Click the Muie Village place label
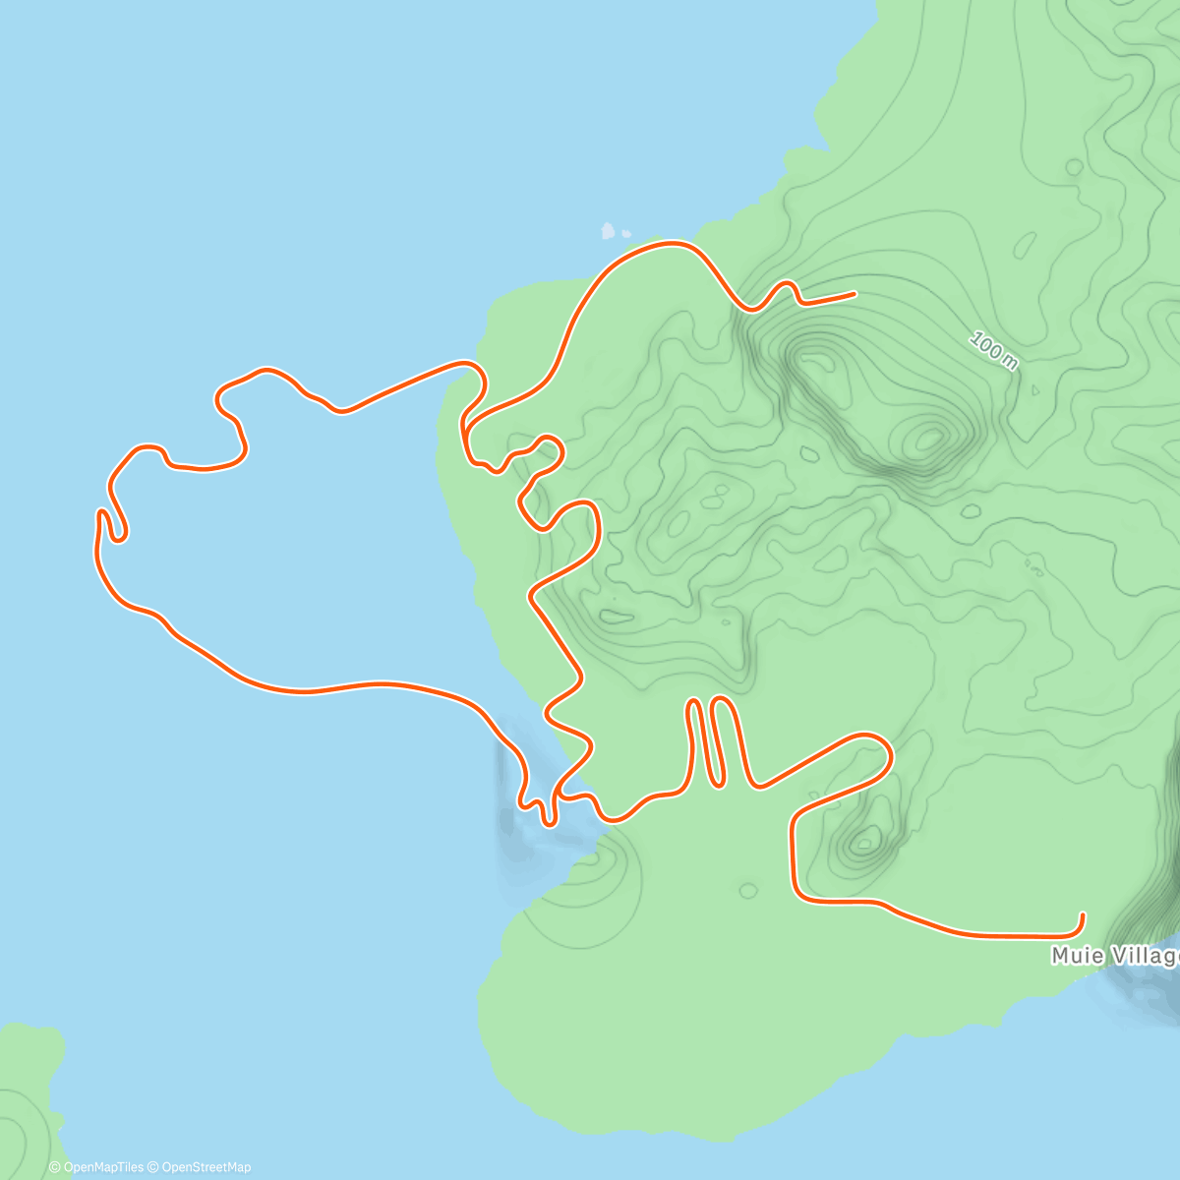pos(1115,956)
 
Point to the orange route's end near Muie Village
pos(1083,915)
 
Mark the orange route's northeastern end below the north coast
pos(854,293)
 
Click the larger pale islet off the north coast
pos(608,232)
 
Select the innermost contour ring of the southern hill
pos(866,841)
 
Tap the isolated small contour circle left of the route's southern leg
pos(748,891)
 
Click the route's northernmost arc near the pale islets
pos(669,243)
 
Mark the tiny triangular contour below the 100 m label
pos(1034,390)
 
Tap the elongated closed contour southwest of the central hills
pos(617,618)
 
